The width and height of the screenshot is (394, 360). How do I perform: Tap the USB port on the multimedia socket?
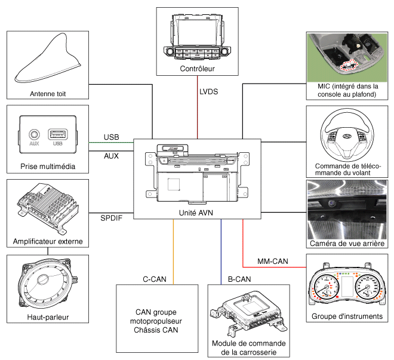click(x=58, y=136)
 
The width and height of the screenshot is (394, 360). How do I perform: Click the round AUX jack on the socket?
click(x=36, y=136)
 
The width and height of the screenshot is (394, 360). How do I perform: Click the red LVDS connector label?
click(x=209, y=91)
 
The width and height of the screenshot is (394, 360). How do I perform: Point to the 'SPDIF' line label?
click(x=112, y=217)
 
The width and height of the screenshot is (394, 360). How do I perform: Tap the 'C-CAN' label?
click(x=154, y=279)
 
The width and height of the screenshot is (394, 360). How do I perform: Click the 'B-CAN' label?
click(x=239, y=279)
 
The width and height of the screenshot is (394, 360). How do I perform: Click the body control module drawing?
click(x=248, y=313)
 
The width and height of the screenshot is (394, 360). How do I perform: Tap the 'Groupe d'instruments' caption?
click(x=346, y=317)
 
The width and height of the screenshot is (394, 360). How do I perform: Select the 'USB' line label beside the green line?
click(x=110, y=137)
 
